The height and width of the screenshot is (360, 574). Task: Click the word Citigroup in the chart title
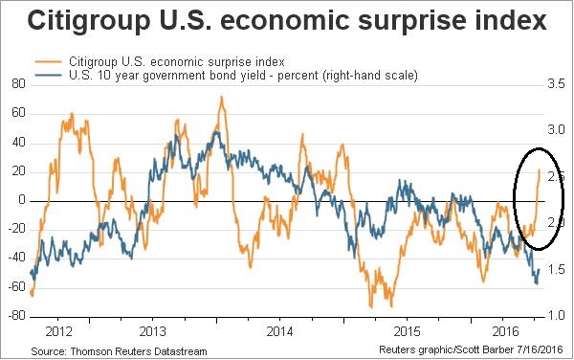pyautogui.click(x=88, y=21)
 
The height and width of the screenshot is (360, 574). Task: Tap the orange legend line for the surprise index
pyautogui.click(x=48, y=62)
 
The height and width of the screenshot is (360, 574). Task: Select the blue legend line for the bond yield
pyautogui.click(x=48, y=75)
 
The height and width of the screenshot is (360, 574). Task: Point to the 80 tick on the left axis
pyautogui.click(x=18, y=84)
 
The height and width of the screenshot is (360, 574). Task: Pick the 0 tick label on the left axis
pyautogui.click(x=22, y=200)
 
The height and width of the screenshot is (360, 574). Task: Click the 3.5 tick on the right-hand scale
pyautogui.click(x=556, y=84)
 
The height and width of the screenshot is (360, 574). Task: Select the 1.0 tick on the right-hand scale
pyautogui.click(x=556, y=316)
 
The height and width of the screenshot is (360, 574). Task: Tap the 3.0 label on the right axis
pyautogui.click(x=556, y=130)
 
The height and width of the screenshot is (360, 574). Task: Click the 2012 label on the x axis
pyautogui.click(x=58, y=332)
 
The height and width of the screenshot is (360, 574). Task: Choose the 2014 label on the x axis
pyautogui.click(x=279, y=332)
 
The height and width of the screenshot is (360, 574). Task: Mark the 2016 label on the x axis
pyautogui.click(x=506, y=332)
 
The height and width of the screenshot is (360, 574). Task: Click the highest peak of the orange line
pyautogui.click(x=222, y=97)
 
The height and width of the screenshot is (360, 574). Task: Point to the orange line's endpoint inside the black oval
pyautogui.click(x=540, y=169)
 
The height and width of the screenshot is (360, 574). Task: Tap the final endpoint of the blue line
pyautogui.click(x=539, y=270)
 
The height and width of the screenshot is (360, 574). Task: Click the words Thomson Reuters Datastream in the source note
pyautogui.click(x=139, y=351)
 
